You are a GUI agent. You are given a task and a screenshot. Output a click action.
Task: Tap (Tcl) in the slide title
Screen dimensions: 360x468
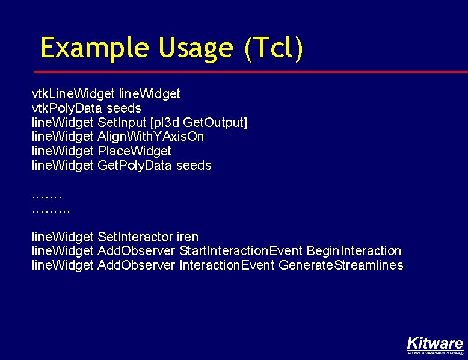pyautogui.click(x=273, y=48)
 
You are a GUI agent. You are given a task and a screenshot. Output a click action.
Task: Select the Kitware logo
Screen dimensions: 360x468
pyautogui.click(x=434, y=344)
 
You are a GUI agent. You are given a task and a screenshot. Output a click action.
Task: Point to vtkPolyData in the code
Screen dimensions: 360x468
pyautogui.click(x=67, y=108)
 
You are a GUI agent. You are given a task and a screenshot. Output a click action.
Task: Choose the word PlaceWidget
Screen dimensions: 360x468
pyautogui.click(x=134, y=151)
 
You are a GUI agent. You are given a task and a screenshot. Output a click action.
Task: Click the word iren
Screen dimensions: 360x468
pyautogui.click(x=188, y=237)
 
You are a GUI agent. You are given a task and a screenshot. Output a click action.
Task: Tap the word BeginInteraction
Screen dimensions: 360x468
pyautogui.click(x=354, y=251)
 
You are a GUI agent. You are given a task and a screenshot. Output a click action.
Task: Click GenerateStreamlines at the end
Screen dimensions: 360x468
pyautogui.click(x=341, y=265)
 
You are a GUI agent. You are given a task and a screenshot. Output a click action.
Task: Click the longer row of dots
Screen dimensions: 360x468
pyautogui.click(x=51, y=211)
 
